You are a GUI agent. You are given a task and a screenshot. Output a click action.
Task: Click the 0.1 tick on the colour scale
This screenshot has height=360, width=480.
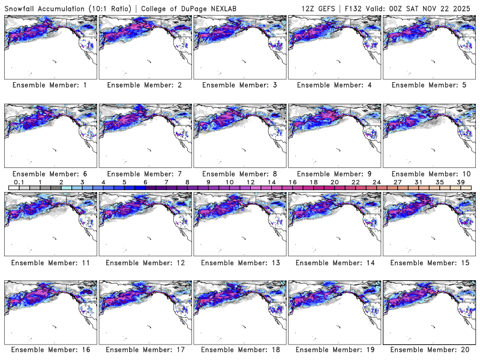(19, 182)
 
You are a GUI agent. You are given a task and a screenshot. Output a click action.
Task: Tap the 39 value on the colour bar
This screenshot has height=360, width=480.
(460, 182)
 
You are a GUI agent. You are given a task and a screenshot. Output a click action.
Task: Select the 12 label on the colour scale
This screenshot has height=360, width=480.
(250, 182)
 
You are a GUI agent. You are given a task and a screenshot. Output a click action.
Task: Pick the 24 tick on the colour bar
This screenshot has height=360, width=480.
(376, 182)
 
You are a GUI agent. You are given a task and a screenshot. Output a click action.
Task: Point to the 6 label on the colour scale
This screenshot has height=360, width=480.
(145, 182)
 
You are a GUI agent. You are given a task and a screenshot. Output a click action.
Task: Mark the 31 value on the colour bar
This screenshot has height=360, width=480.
(418, 182)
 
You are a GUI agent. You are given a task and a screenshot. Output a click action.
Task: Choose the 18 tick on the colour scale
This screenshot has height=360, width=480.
(313, 182)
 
